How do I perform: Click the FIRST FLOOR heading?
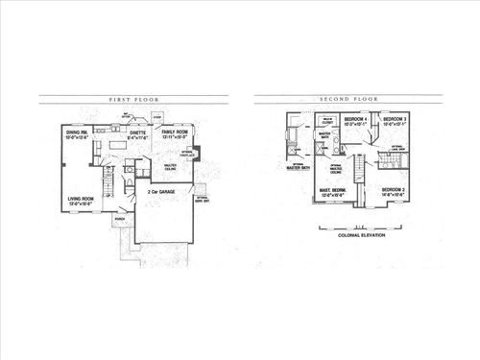pos(133,98)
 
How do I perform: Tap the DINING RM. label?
pos(78,133)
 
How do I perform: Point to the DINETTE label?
pos(140,133)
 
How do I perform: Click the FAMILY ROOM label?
pos(175,132)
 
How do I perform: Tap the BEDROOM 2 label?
pos(395,192)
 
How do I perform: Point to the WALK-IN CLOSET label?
pos(328,121)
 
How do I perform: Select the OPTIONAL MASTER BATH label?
pos(299,166)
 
